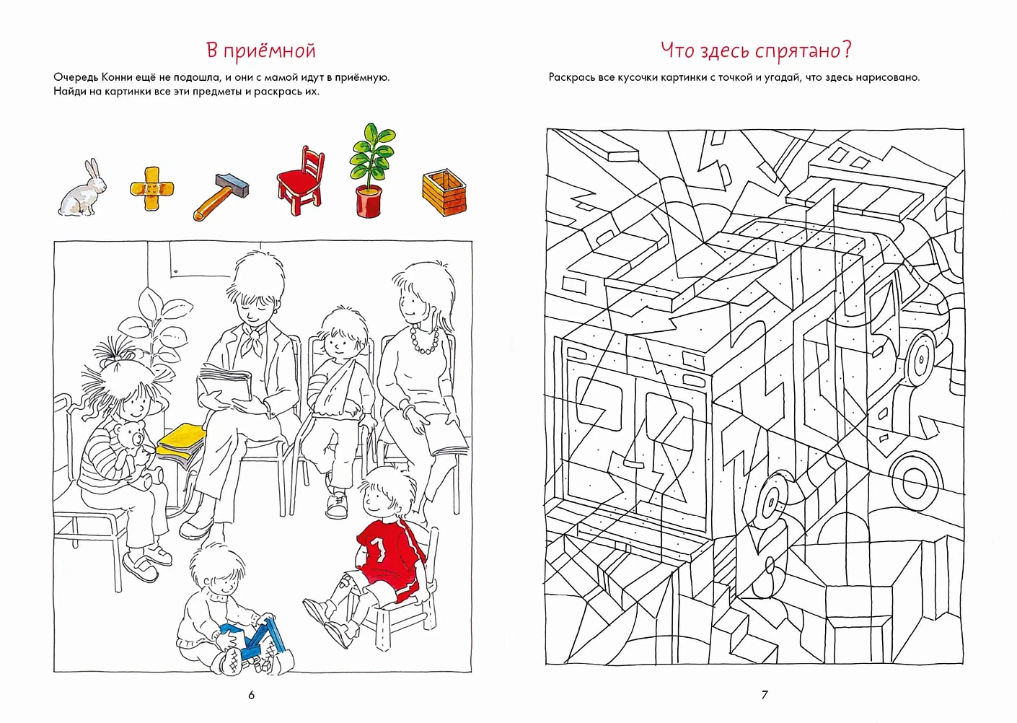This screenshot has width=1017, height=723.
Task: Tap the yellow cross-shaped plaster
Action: click(x=151, y=188)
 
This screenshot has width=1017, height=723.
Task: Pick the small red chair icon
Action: click(x=301, y=180)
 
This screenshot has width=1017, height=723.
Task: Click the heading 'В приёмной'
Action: click(x=260, y=51)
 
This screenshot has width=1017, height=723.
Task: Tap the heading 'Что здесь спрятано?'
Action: click(x=755, y=51)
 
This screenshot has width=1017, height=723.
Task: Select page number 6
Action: click(x=251, y=695)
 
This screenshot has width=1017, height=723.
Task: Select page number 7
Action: click(x=765, y=695)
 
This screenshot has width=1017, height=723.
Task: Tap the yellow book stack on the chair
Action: click(x=180, y=444)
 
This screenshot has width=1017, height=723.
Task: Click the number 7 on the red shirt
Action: click(x=379, y=548)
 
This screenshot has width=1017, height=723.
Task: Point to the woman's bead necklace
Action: click(x=424, y=339)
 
